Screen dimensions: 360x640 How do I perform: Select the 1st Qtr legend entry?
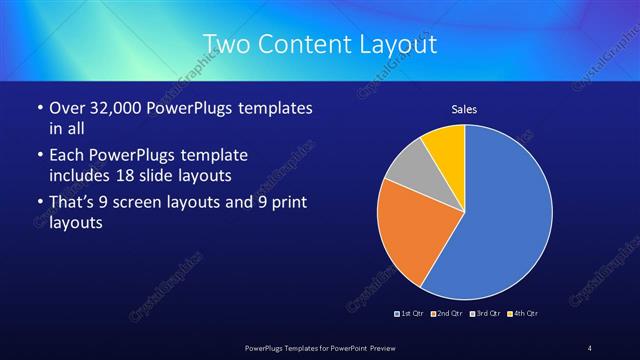tap(410, 314)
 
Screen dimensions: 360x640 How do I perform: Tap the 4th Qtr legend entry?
tap(523, 314)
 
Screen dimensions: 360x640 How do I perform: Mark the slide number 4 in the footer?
tap(589, 347)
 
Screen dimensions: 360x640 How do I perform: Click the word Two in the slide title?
tap(224, 44)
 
